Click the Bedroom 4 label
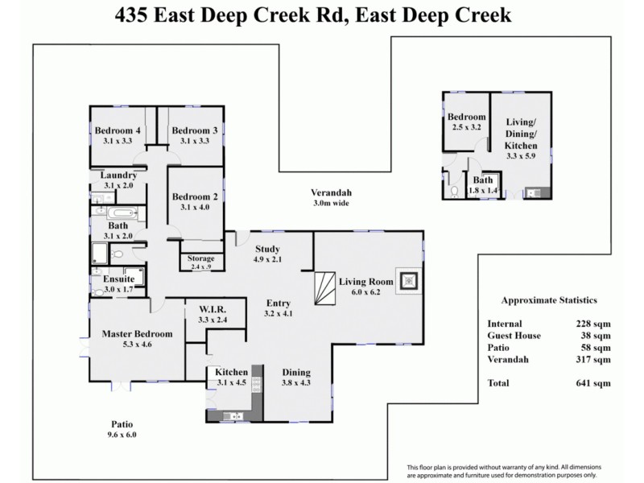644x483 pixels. [x=118, y=131]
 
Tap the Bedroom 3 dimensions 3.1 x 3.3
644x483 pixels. [x=194, y=142]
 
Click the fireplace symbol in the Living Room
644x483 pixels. [x=409, y=281]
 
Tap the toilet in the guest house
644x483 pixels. [x=455, y=191]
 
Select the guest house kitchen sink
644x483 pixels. [x=532, y=192]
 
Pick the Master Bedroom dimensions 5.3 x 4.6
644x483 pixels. [x=137, y=344]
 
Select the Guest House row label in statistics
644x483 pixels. [x=514, y=335]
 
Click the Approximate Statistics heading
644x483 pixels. [x=549, y=300]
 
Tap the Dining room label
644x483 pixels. [x=296, y=372]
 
